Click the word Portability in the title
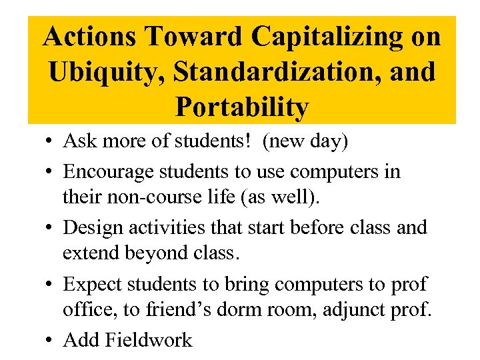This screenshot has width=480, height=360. pos(242,107)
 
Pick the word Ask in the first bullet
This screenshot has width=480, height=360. pos(79,141)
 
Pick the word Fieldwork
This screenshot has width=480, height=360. pos(149,339)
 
